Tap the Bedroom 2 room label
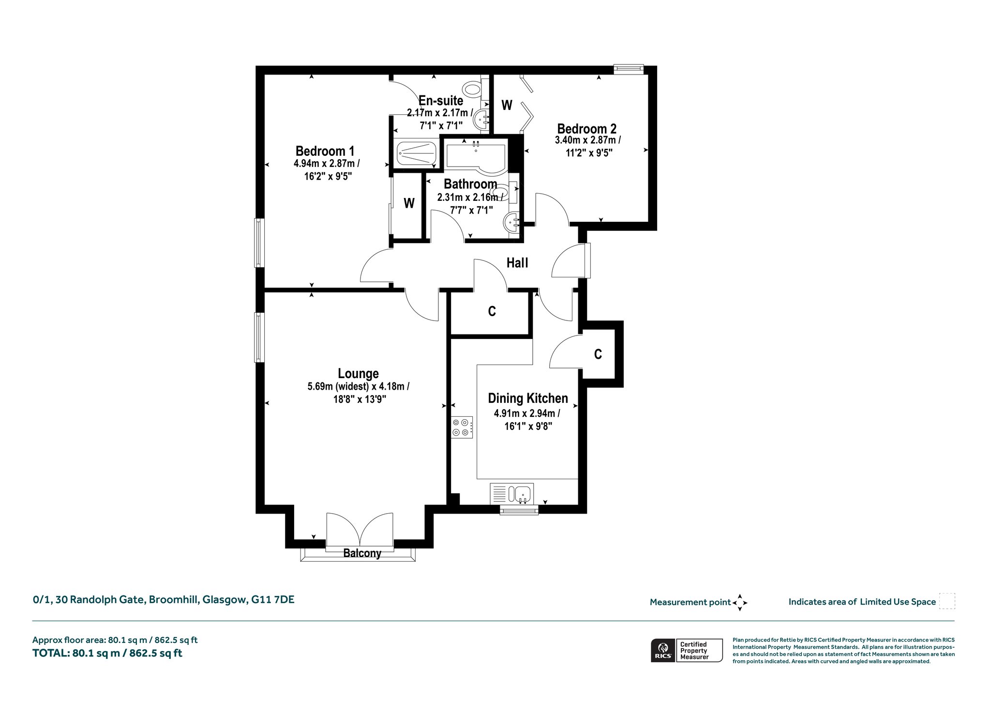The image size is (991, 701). coord(587,129)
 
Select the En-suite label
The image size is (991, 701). coord(441,101)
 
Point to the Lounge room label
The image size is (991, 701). coord(358,374)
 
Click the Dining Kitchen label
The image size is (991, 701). coord(528,398)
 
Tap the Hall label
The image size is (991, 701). coord(517,263)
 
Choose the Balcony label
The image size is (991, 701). coord(362,553)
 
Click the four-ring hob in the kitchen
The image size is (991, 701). coord(462,427)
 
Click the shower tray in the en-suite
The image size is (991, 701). coord(416,153)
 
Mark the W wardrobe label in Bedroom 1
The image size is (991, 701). coord(409,203)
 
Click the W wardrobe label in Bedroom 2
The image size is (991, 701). coord(507,105)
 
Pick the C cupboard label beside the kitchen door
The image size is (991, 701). coord(598,354)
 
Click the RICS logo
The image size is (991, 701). coord(662,650)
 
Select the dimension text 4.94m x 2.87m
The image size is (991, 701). coord(327,164)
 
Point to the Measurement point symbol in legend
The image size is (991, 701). coord(740,603)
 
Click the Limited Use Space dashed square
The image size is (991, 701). coord(947,601)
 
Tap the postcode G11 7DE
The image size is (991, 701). coord(273,600)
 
